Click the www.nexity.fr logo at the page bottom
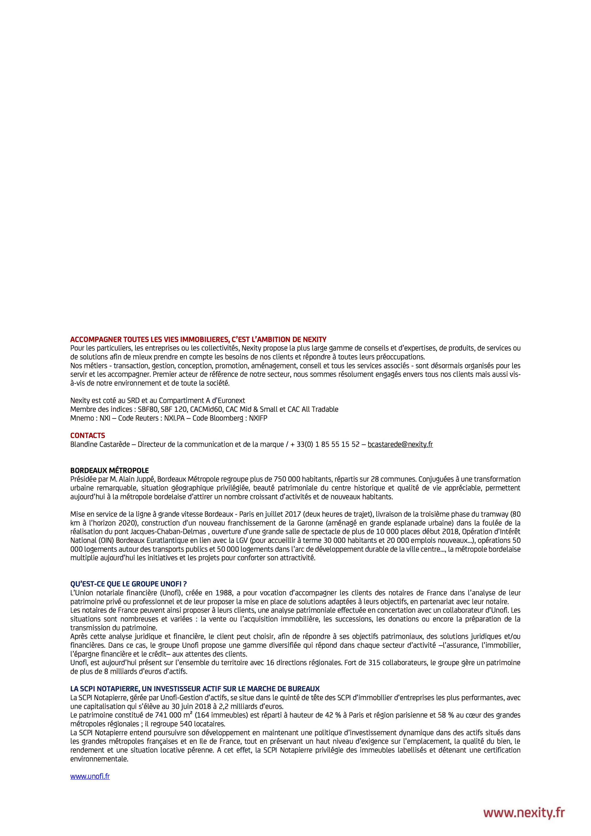point(524,813)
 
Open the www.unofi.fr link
point(90,776)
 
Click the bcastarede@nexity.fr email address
point(400,444)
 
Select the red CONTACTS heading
point(87,435)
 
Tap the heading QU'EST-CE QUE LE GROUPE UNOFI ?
point(128,584)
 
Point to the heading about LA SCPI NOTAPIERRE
point(195,689)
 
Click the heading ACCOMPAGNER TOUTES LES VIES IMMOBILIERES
point(198,339)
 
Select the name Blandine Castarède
point(100,444)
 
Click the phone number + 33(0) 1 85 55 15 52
point(325,444)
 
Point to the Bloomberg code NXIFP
point(258,418)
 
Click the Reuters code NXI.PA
point(174,418)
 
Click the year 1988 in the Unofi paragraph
point(224,593)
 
